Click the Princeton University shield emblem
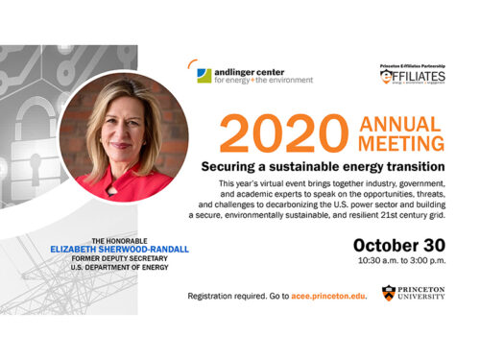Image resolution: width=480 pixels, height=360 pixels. pyautogui.click(x=387, y=293)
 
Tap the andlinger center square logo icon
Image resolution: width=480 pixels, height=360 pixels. pyautogui.click(x=204, y=75)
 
